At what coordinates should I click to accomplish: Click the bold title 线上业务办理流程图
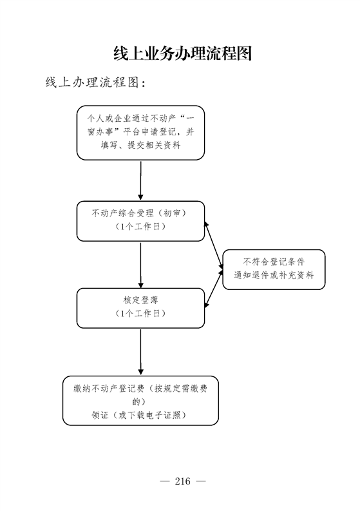pyautogui.click(x=183, y=53)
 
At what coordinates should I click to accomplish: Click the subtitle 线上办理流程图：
pyautogui.click(x=95, y=82)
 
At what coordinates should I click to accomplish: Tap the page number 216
pyautogui.click(x=182, y=481)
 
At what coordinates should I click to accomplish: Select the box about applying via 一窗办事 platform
pyautogui.click(x=141, y=133)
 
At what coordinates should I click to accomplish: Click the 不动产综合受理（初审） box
pyautogui.click(x=141, y=221)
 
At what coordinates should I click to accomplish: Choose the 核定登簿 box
pyautogui.click(x=141, y=308)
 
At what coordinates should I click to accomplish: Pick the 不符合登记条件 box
pyautogui.click(x=274, y=269)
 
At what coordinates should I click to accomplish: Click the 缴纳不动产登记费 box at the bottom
pyautogui.click(x=140, y=401)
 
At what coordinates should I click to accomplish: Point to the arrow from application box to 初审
pyautogui.click(x=141, y=180)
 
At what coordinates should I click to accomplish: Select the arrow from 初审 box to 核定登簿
pyautogui.click(x=141, y=265)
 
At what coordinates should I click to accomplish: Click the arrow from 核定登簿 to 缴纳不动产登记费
pyautogui.click(x=141, y=352)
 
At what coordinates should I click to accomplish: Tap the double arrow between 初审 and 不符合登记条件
pyautogui.click(x=214, y=246)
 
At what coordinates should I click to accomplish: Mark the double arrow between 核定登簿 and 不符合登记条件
pyautogui.click(x=214, y=289)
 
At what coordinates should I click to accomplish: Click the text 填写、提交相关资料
pyautogui.click(x=141, y=146)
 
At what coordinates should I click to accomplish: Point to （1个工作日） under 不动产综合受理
pyautogui.click(x=141, y=226)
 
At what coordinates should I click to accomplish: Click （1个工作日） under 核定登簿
pyautogui.click(x=141, y=313)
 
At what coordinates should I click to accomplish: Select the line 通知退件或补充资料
pyautogui.click(x=274, y=275)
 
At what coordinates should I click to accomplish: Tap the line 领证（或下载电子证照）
pyautogui.click(x=139, y=415)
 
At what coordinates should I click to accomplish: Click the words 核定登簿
pyautogui.click(x=141, y=300)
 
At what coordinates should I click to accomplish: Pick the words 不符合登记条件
pyautogui.click(x=274, y=262)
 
